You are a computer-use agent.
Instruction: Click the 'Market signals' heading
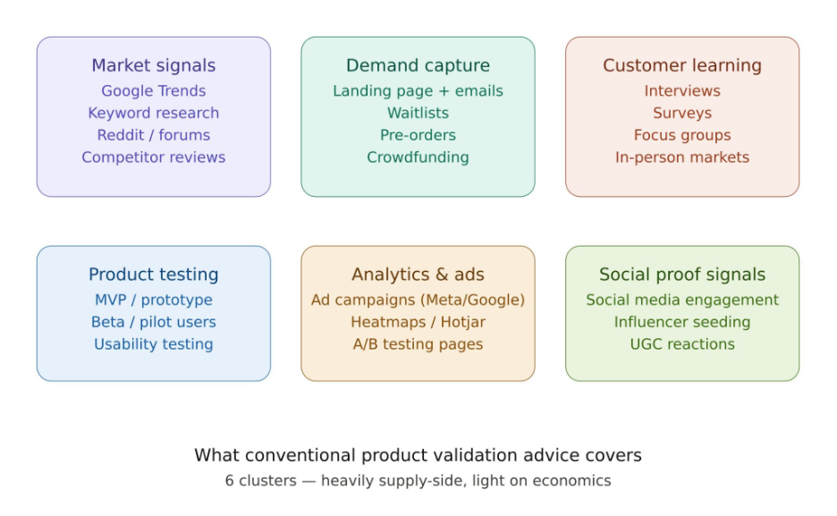coord(153,65)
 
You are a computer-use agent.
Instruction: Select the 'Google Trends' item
coord(153,90)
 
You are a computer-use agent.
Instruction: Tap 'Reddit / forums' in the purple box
coord(153,135)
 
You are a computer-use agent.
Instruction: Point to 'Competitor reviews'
coord(153,157)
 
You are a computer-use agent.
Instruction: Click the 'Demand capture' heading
coord(418,65)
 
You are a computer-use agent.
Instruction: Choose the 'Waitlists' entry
coord(418,113)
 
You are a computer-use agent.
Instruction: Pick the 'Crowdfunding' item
coord(418,157)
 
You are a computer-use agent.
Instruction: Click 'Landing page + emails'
coord(418,90)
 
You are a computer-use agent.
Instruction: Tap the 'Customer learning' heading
coord(681,65)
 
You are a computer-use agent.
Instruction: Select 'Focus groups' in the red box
coord(681,135)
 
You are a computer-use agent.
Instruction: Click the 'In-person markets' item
coord(681,157)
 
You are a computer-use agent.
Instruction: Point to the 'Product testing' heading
coord(153,275)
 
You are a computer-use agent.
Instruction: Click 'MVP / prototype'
coord(153,300)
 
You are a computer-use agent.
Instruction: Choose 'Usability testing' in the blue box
coord(153,344)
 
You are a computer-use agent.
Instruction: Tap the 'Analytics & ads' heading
coord(418,275)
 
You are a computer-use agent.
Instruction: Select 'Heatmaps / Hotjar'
coord(418,322)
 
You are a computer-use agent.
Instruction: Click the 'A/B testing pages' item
coord(418,344)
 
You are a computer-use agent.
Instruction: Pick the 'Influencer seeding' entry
coord(681,322)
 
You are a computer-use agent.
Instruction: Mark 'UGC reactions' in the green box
coord(681,344)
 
